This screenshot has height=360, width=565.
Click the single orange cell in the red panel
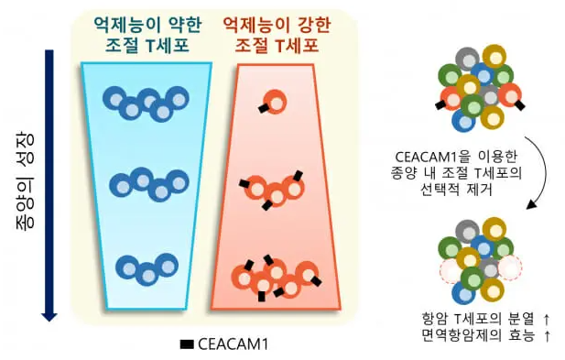click(x=272, y=101)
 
